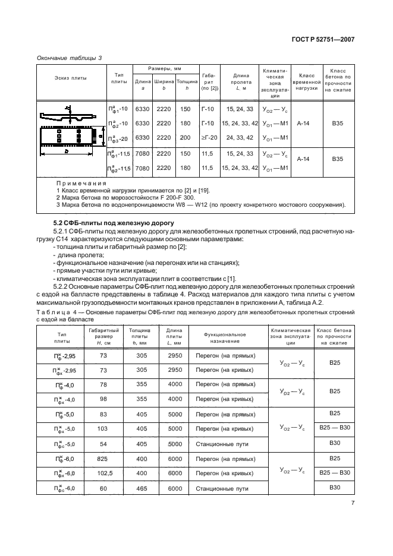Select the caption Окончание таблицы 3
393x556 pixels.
[70, 58]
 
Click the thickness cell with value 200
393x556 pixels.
[185, 138]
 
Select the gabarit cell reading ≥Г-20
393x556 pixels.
[208, 138]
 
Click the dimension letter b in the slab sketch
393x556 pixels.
[67, 151]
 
